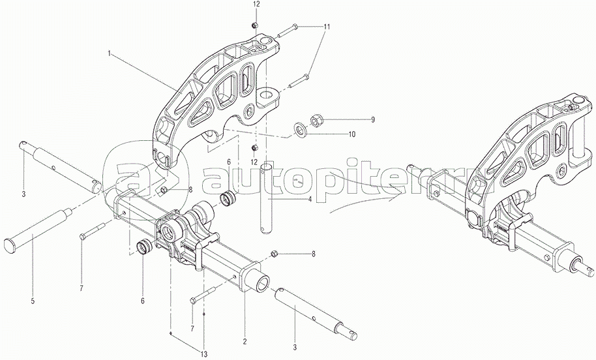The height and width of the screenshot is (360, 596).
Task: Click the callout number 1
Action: click(110, 53)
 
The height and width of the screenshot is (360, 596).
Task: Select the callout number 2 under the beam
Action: click(245, 341)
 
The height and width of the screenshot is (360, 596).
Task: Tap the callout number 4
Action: click(310, 199)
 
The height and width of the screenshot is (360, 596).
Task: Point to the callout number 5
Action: click(33, 301)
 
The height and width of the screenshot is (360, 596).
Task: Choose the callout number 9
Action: click(373, 120)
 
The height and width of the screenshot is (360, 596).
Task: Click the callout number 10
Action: click(351, 134)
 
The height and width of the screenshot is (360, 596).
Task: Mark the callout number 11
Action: click(327, 27)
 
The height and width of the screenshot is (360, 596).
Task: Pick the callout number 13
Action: click(204, 354)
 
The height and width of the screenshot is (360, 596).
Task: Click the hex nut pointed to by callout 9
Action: click(316, 120)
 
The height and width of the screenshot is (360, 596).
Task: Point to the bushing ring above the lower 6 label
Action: click(144, 247)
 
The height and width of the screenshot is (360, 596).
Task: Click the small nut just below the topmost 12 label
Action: click(255, 25)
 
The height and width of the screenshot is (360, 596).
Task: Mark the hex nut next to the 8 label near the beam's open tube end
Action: click(273, 254)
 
